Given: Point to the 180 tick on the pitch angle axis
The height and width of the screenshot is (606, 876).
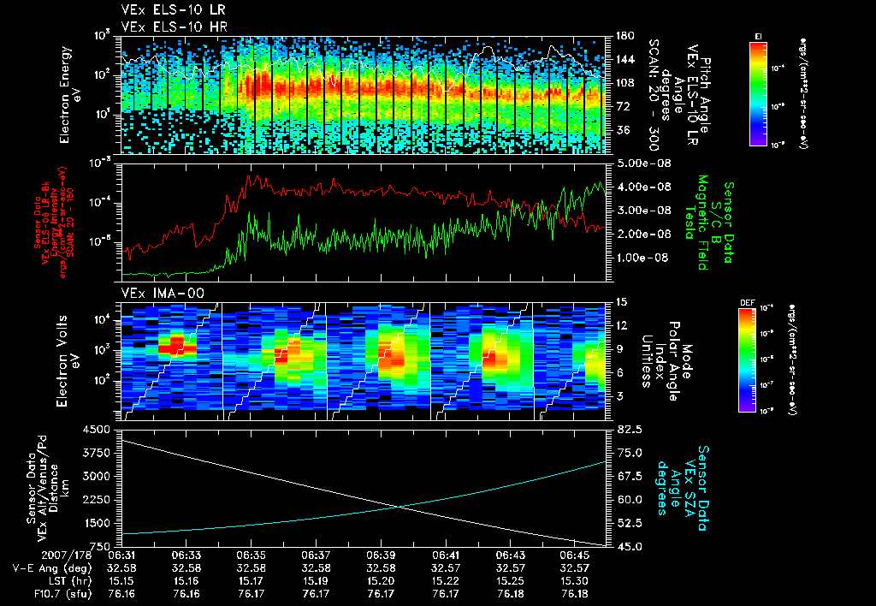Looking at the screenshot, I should pyautogui.click(x=624, y=36).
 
